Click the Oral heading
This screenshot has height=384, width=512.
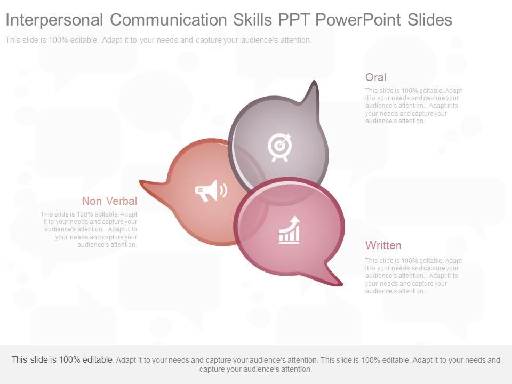pyautogui.click(x=375, y=77)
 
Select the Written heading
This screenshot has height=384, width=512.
pyautogui.click(x=383, y=245)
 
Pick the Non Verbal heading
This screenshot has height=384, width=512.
pyautogui.click(x=109, y=201)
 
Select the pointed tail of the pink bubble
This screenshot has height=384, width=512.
pyautogui.click(x=334, y=281)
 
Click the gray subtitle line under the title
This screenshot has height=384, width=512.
pyautogui.click(x=158, y=40)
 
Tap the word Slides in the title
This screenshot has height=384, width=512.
pyautogui.click(x=429, y=20)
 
